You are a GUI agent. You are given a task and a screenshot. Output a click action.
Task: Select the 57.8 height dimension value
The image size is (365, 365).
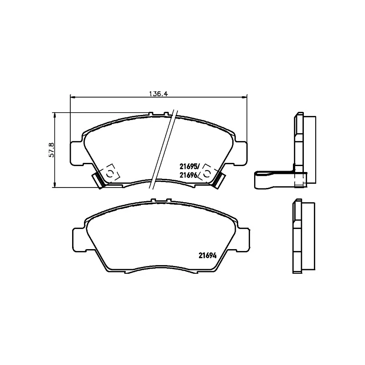(x=52, y=150)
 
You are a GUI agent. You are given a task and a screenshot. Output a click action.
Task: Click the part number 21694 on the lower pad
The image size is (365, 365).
(x=207, y=255)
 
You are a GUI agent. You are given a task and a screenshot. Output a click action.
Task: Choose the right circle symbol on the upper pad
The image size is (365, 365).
(x=207, y=172)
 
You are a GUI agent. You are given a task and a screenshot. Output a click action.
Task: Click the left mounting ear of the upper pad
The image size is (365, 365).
(x=76, y=153)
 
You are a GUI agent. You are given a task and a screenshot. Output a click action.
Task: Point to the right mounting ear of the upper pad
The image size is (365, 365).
(x=241, y=153)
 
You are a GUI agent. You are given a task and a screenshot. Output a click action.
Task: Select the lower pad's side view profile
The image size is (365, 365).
(x=302, y=237)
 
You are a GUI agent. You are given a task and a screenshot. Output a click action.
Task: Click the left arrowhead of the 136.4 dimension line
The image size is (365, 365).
(x=72, y=96)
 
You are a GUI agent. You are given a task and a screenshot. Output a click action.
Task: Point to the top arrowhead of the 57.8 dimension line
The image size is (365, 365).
(x=55, y=115)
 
